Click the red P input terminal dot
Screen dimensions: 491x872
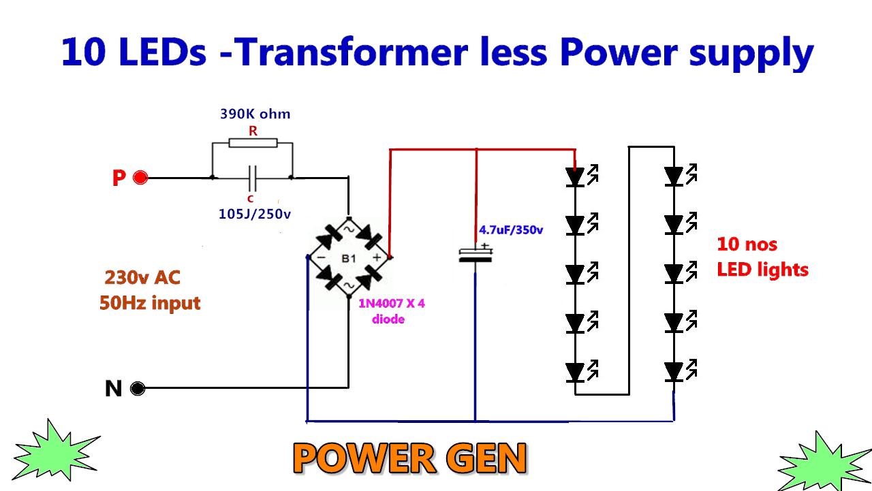(x=141, y=178)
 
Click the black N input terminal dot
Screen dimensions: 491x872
(x=138, y=389)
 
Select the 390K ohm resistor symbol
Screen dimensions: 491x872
(x=253, y=143)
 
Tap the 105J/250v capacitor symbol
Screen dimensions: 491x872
(x=253, y=178)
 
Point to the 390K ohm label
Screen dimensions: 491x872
(x=255, y=114)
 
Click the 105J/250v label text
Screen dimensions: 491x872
(x=254, y=214)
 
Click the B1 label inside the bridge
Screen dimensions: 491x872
(x=349, y=259)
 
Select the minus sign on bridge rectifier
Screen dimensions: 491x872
(x=320, y=258)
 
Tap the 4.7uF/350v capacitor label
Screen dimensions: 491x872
(x=511, y=230)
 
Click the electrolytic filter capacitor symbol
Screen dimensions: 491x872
(x=475, y=254)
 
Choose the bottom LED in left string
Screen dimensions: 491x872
(x=576, y=373)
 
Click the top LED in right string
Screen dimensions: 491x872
(x=674, y=177)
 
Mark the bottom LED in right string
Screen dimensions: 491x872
(x=674, y=373)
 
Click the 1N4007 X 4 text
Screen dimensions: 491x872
(x=392, y=304)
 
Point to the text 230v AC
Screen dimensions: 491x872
(x=142, y=278)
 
